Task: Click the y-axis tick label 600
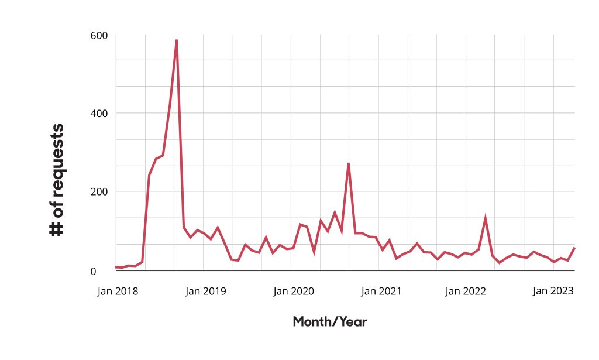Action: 99,36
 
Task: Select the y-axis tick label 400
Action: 99,114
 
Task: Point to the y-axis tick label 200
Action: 99,191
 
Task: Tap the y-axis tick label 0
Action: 93,272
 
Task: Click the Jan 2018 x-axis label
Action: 118,291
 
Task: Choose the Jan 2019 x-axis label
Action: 205,291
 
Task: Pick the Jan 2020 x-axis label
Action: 294,291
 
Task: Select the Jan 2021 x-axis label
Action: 381,291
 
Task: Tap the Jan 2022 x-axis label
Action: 465,291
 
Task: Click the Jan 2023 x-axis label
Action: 553,291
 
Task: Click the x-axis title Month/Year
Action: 330,322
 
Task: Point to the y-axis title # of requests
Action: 57,180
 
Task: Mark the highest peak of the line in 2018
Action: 177,40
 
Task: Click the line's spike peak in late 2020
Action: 349,163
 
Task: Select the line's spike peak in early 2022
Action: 485,217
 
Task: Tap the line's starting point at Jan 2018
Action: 116,267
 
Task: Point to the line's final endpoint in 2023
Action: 574,248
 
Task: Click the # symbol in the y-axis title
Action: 56,229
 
